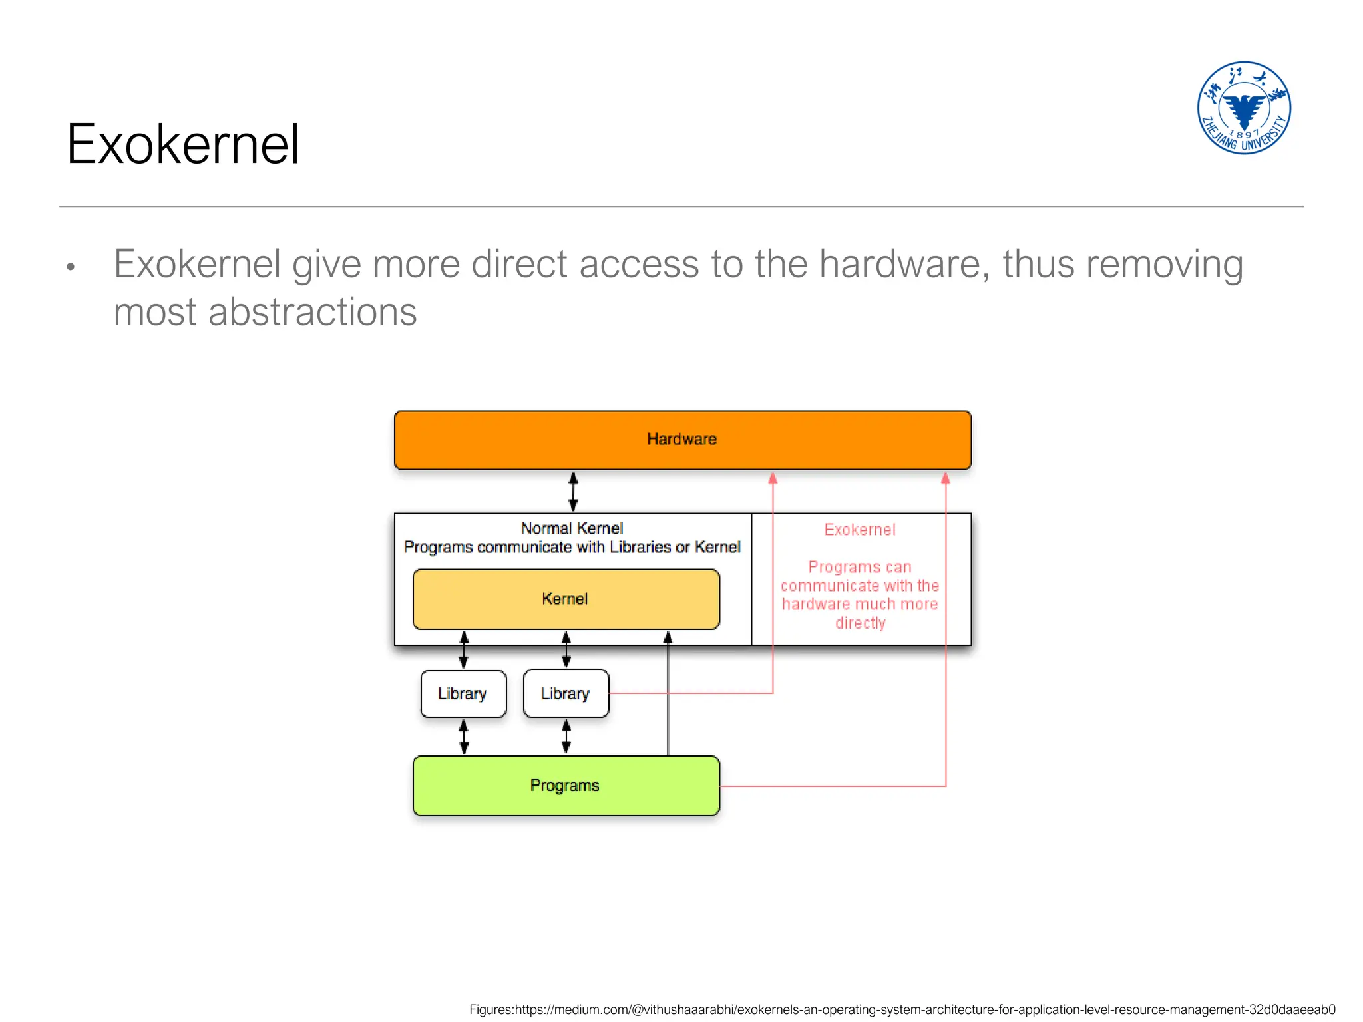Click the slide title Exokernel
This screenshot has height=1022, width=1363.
coord(183,144)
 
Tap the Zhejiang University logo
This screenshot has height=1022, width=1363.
coord(1243,108)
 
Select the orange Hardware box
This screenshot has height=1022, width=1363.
coord(682,440)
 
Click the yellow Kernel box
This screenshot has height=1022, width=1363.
coord(566,599)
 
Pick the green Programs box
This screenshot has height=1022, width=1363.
coord(566,786)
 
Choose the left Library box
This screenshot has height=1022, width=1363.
coord(463,694)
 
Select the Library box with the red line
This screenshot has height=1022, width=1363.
coord(566,694)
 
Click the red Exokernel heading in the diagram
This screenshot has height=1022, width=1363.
coord(860,530)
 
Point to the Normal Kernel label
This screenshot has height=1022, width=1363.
coord(572,528)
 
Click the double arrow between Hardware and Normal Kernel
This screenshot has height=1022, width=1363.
coord(573,492)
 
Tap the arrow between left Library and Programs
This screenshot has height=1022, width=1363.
coord(464,737)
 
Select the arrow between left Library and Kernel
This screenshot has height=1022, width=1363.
coord(464,650)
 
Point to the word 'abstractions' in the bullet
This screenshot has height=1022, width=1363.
coord(312,312)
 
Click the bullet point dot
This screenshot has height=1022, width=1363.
coord(71,267)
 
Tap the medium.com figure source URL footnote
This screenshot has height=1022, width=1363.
coord(902,1009)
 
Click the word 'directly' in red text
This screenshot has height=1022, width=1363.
coord(860,623)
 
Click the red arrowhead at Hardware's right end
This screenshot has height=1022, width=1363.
coord(945,478)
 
